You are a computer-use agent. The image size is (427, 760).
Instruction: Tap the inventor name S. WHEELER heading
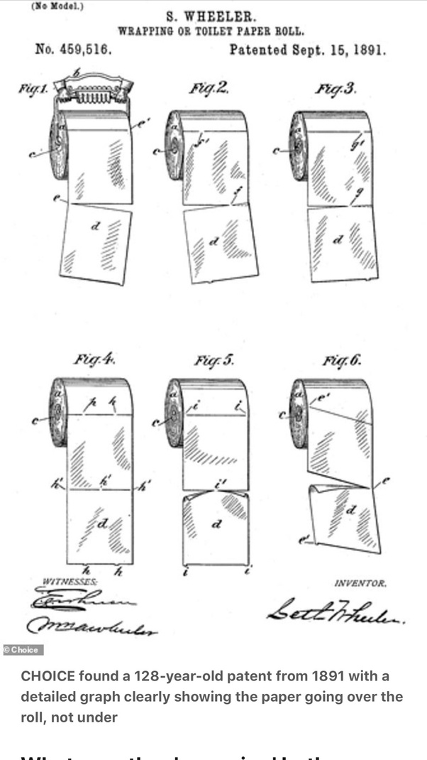pos(211,16)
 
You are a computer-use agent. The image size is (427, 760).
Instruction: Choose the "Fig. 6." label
pos(341,359)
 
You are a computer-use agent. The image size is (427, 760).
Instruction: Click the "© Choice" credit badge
pos(23,649)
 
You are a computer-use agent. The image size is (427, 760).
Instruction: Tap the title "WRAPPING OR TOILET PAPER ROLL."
pos(211,32)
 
